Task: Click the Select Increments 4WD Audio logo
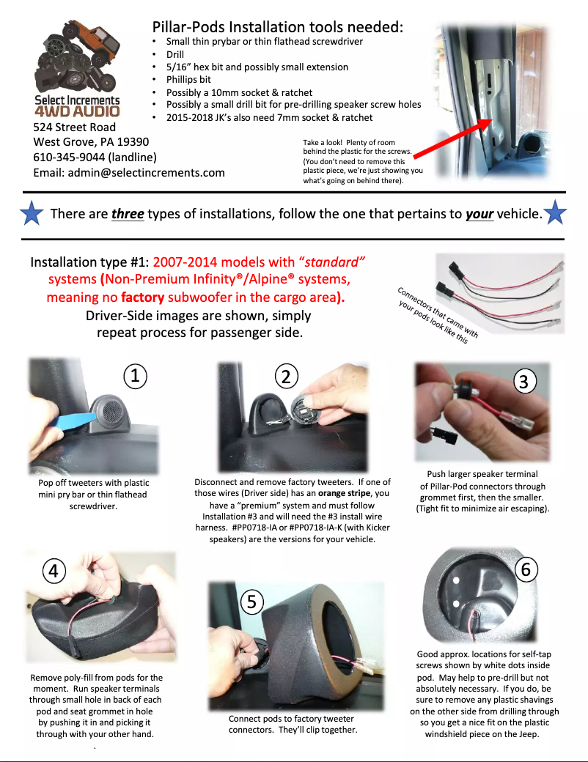[78, 70]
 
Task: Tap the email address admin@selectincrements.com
[129, 173]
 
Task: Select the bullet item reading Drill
[174, 54]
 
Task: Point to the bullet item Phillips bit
[188, 79]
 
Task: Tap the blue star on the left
[31, 213]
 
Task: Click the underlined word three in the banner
[128, 214]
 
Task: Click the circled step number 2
[286, 376]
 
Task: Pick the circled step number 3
[523, 381]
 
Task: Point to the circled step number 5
[251, 602]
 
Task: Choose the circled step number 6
[526, 569]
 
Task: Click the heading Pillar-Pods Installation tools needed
[277, 27]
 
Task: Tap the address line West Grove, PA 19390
[91, 142]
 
